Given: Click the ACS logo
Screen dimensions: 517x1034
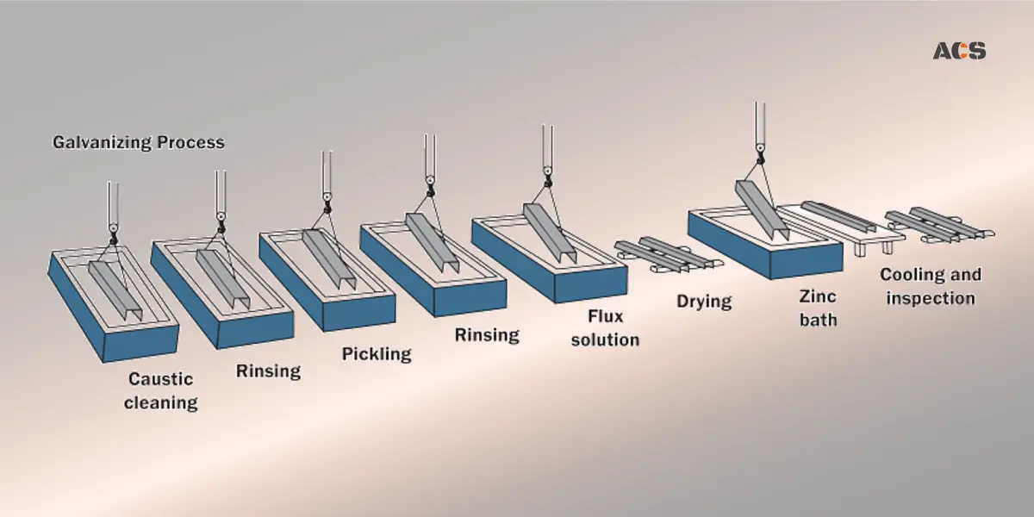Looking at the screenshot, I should click(959, 51).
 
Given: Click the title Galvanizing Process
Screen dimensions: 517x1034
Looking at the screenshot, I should click(138, 142).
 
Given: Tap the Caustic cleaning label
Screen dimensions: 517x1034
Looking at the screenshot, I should click(161, 390).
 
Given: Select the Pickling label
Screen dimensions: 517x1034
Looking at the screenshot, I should click(377, 353).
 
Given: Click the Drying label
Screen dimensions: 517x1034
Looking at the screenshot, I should click(703, 302).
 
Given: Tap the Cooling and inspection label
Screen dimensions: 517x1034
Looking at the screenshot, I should click(930, 287).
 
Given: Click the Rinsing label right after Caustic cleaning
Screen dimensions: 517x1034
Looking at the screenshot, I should click(268, 371).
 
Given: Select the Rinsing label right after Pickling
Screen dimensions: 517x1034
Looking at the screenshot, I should click(487, 334).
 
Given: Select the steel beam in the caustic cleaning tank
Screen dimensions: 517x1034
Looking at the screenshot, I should click(115, 289).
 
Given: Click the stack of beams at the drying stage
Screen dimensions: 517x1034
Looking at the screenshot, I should click(663, 255).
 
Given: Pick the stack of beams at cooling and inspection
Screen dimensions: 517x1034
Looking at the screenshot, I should click(936, 224).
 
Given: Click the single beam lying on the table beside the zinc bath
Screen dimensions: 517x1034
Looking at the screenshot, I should click(838, 216).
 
